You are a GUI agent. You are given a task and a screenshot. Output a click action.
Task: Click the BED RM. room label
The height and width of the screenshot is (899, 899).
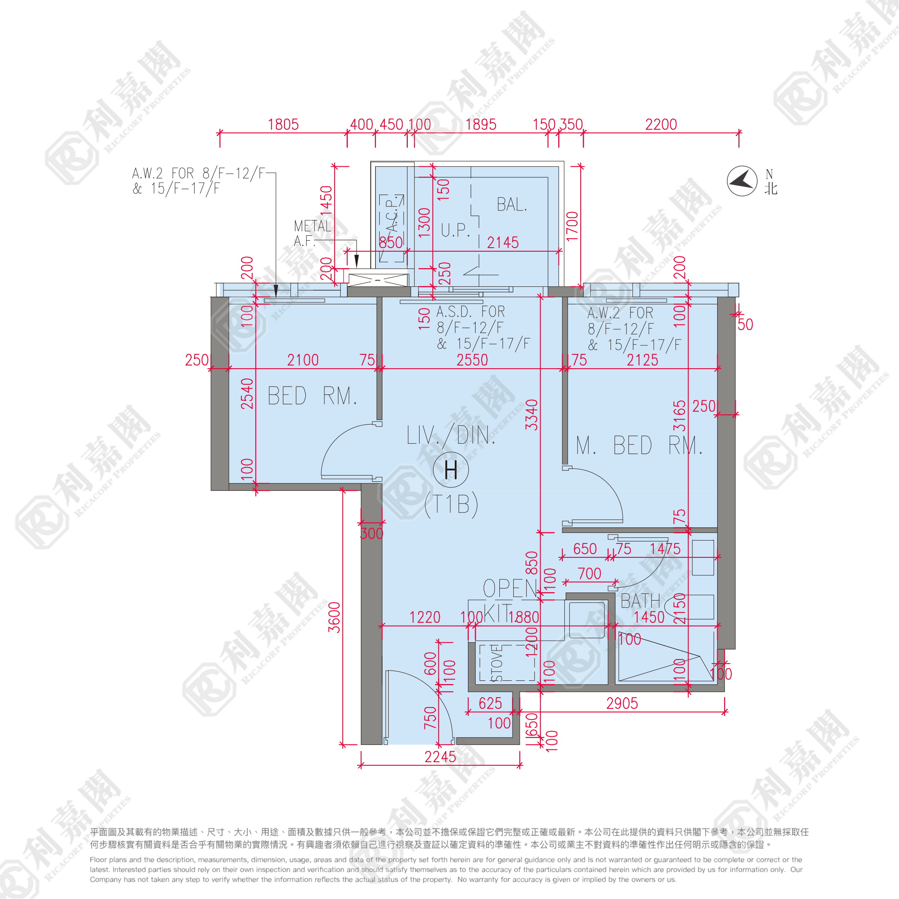click(x=312, y=396)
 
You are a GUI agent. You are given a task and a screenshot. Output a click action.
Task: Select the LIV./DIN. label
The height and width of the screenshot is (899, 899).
click(x=450, y=436)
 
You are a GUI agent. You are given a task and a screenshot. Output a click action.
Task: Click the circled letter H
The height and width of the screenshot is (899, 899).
click(x=450, y=470)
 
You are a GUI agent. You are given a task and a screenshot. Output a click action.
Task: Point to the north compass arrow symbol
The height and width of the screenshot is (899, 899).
click(x=742, y=181)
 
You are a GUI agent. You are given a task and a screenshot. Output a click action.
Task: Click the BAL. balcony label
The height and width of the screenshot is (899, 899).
click(x=512, y=204)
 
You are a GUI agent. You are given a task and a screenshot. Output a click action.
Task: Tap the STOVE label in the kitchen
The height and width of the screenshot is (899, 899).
click(x=497, y=663)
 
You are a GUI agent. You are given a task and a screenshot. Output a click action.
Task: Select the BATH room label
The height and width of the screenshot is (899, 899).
click(x=640, y=601)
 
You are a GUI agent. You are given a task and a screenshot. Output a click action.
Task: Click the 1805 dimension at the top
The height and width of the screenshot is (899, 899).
click(x=283, y=125)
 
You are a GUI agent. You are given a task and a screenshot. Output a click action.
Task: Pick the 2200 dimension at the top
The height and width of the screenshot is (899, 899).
click(x=661, y=125)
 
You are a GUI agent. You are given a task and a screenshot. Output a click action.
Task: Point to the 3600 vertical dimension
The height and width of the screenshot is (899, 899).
click(x=335, y=617)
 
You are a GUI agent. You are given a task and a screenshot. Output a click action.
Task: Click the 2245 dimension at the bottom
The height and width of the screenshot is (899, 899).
click(x=440, y=757)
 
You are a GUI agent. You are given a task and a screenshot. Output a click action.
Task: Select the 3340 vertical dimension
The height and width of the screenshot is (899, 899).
click(x=531, y=415)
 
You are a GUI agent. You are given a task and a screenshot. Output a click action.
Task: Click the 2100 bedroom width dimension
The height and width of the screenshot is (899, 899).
click(x=302, y=360)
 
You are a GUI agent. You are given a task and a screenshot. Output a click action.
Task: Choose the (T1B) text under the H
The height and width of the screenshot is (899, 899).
click(x=451, y=504)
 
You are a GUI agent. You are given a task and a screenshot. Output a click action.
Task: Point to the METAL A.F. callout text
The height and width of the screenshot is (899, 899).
click(x=312, y=233)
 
